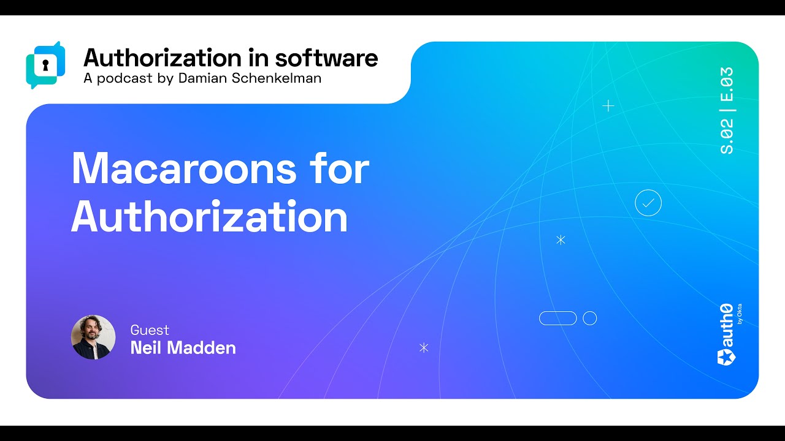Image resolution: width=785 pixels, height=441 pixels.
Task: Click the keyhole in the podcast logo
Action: point(45,65)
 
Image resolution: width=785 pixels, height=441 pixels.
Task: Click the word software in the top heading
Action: point(327,58)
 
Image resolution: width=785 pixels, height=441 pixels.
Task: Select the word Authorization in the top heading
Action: point(163,58)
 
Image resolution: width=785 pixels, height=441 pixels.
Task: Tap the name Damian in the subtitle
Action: point(202,78)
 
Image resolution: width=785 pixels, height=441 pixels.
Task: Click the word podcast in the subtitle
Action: point(124,79)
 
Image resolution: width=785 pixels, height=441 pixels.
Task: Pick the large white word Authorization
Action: point(210,216)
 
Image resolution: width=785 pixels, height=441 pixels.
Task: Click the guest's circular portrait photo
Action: point(93,337)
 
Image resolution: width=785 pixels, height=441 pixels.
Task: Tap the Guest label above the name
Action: point(150,330)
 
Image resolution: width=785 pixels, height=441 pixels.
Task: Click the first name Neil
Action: point(146,347)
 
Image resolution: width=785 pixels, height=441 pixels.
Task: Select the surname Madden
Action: point(202,347)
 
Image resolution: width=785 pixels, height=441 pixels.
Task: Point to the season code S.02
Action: point(727,136)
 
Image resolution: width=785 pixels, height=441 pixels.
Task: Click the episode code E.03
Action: point(727,84)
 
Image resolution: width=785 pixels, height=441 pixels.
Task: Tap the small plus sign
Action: point(608,106)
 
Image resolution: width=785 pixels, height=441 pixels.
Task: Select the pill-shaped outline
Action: point(558,312)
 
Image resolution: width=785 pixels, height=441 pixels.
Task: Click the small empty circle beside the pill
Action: point(590,312)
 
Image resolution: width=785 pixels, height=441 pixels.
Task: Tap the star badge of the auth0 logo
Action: point(727,357)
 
